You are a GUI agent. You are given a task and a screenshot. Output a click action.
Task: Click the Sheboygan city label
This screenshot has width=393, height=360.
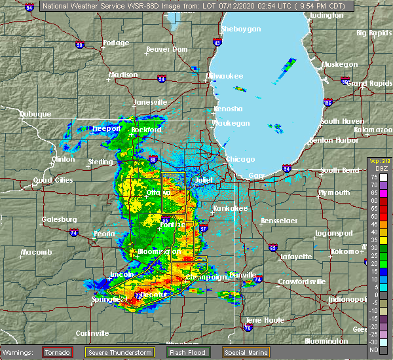click(x=241, y=29)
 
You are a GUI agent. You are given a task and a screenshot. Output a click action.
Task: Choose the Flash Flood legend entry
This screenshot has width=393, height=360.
click(x=187, y=352)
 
